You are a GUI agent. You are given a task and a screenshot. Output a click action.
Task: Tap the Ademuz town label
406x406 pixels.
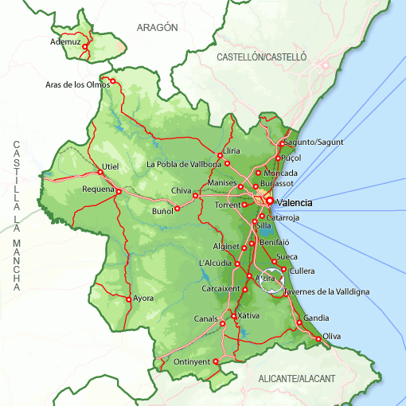point(65,41)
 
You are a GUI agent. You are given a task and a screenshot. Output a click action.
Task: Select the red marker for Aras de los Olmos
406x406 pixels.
point(113,80)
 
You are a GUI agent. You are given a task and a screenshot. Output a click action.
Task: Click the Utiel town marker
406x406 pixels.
point(100,172)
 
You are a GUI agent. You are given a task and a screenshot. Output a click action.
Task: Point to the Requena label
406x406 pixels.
point(99,189)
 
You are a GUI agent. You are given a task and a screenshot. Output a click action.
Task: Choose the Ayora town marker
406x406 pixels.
point(128,299)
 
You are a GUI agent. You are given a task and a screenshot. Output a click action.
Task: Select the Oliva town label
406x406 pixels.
point(332,337)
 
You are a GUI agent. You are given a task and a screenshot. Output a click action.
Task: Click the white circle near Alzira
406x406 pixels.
point(271,280)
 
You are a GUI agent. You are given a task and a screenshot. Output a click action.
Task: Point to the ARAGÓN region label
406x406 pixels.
point(157,27)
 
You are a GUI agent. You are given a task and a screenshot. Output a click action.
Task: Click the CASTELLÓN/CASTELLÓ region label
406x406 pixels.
point(262,57)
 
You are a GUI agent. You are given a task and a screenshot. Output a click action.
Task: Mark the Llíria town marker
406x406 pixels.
point(220,155)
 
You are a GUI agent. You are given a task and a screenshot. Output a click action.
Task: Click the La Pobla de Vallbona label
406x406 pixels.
point(184,165)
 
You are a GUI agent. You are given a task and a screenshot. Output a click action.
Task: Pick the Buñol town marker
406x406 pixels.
point(177,209)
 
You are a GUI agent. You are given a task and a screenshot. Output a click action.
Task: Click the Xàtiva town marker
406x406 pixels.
point(232,316)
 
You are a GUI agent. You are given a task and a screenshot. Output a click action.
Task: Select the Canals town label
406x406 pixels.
point(205,320)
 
